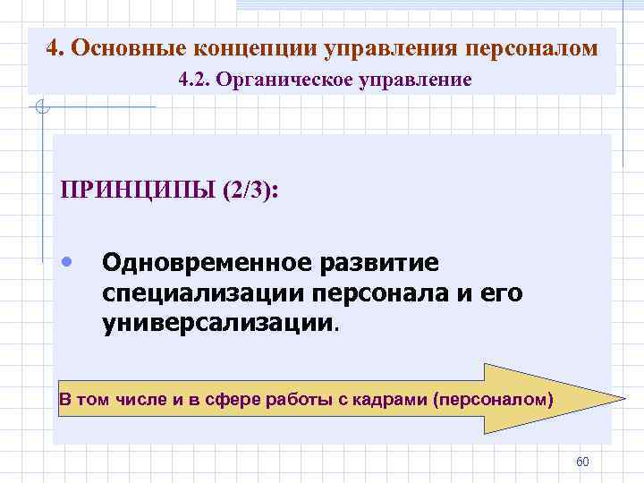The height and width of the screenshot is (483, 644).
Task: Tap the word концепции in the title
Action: click(x=250, y=47)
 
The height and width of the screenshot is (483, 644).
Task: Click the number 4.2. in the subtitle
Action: click(x=195, y=80)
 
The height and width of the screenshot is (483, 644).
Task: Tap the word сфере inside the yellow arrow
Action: click(x=235, y=399)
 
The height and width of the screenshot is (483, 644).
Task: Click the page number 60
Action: click(x=582, y=462)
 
